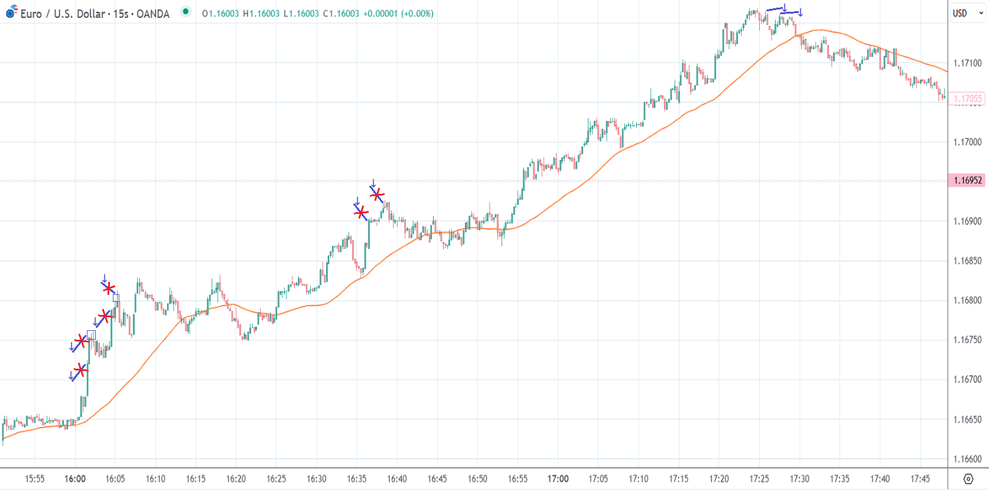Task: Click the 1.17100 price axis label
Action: [967, 63]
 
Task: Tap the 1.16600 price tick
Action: [967, 459]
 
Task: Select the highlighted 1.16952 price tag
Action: [967, 180]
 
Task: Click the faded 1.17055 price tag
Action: [967, 99]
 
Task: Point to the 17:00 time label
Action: [558, 479]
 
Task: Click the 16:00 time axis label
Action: [75, 479]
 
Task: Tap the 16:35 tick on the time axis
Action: [356, 479]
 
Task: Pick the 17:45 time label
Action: [920, 479]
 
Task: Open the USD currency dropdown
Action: [967, 13]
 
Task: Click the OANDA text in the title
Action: [153, 14]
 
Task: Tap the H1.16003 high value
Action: [261, 14]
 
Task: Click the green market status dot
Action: [186, 11]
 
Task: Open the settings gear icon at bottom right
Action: [968, 479]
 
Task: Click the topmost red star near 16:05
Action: [109, 288]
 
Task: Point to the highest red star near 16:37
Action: [377, 194]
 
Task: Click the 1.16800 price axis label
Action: [967, 300]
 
